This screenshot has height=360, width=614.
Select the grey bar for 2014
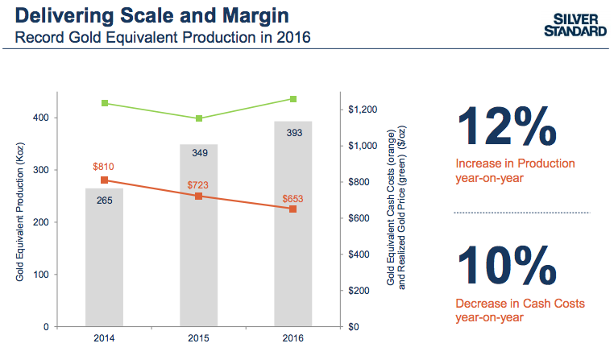coord(104,258)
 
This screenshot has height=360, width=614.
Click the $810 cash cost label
coord(104,167)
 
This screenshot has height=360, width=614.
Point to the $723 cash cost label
coord(198,184)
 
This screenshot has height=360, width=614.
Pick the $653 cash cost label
coord(293,198)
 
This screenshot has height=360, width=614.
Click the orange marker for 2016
coord(293,209)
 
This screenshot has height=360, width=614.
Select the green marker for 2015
coord(199,118)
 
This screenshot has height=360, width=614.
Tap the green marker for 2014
coord(105,103)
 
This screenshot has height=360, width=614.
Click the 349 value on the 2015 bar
coord(199,151)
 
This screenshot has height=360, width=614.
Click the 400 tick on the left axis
coord(39,118)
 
